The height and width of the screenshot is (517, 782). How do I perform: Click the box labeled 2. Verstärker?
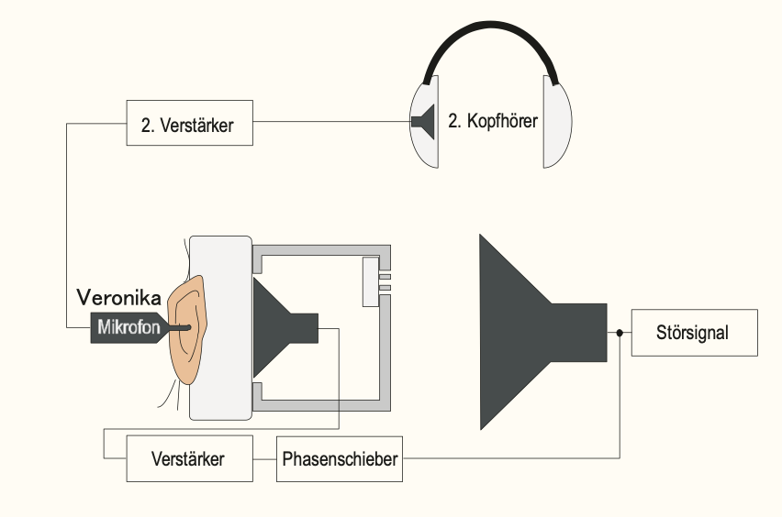[189, 123]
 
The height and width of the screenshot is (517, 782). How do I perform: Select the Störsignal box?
[694, 333]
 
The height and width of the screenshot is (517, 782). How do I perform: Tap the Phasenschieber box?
[340, 457]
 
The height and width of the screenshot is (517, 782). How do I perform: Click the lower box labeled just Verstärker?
[188, 457]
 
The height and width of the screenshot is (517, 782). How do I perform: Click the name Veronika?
[119, 298]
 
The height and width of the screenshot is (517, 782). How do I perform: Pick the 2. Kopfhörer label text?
[492, 120]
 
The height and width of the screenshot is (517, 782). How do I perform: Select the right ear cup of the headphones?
[557, 122]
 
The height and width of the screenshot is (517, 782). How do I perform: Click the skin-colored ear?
[188, 330]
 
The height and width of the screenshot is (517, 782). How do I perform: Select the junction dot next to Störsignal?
[620, 333]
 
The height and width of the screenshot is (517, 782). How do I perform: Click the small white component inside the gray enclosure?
[371, 281]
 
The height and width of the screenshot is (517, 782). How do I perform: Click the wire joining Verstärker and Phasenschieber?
[264, 457]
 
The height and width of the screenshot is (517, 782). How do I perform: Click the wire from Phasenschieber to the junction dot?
[514, 457]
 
